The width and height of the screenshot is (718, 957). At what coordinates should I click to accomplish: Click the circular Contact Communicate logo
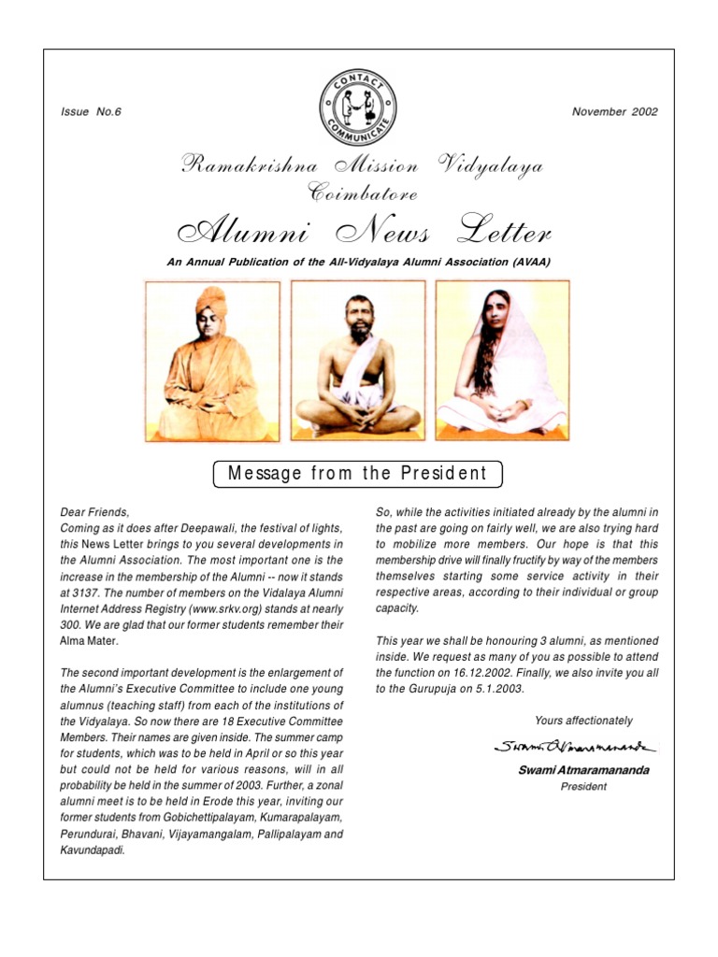point(358,107)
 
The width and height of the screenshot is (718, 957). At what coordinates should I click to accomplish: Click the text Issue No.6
point(91,112)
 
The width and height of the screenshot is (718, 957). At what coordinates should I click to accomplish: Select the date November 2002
point(614,112)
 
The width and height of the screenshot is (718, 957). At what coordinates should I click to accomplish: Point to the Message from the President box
point(358,473)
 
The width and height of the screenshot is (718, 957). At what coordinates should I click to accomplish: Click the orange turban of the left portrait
point(210,298)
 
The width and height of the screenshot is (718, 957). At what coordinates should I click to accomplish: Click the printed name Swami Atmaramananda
point(582,770)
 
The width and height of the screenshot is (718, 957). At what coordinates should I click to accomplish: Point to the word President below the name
point(583,787)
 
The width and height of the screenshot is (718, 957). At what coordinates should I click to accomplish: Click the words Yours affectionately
point(583,721)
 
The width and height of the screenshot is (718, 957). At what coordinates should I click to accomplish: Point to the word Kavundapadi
point(92,850)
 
